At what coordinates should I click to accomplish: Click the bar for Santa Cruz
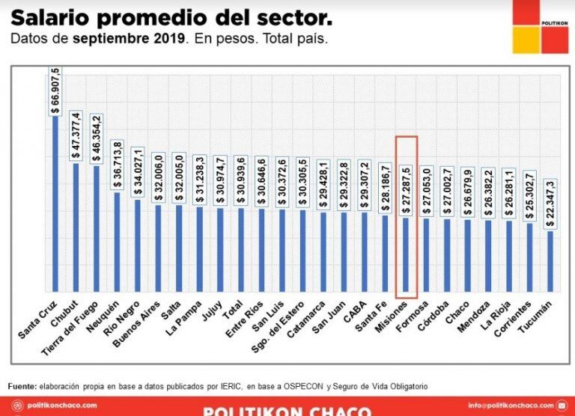click(x=55, y=202)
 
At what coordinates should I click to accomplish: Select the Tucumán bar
click(x=550, y=261)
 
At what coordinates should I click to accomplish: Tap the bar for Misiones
click(x=406, y=254)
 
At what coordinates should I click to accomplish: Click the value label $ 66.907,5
click(x=55, y=89)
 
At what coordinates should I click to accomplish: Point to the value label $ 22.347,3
click(x=550, y=204)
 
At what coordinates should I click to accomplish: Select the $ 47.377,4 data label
click(x=76, y=135)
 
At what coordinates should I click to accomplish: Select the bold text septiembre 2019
click(x=130, y=38)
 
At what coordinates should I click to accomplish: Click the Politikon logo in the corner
click(x=540, y=27)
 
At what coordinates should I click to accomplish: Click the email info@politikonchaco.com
click(x=514, y=406)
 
